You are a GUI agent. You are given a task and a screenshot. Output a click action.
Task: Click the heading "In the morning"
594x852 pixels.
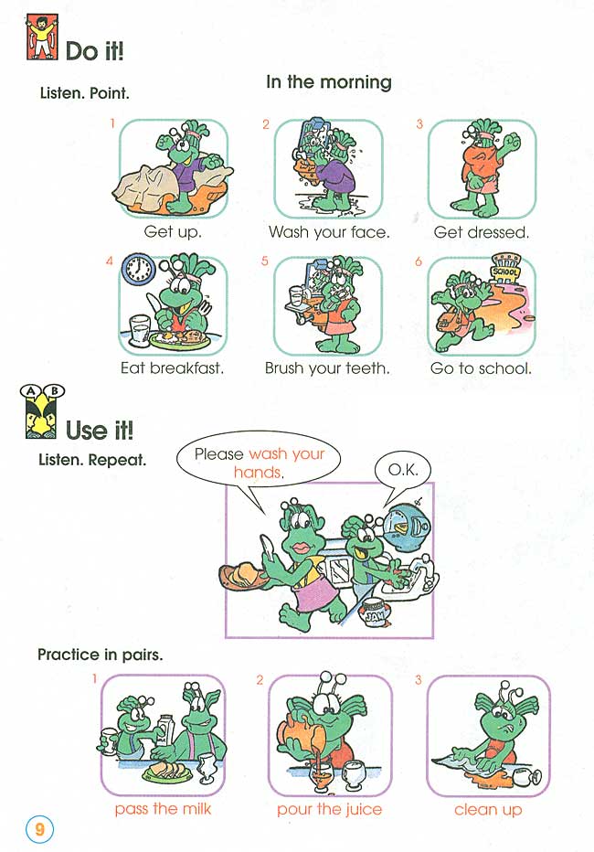328,82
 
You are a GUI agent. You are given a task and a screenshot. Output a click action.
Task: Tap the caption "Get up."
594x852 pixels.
173,232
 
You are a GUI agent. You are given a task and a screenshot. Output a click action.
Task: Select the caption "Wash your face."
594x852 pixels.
329,232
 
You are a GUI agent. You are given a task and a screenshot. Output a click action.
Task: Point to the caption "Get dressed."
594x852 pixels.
482,232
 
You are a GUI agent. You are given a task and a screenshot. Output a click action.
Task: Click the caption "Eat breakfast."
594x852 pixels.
173,368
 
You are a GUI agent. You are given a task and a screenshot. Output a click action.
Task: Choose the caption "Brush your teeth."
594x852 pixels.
327,368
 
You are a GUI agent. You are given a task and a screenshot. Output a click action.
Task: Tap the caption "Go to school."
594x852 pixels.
481,368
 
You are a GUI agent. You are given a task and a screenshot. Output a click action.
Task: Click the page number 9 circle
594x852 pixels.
39,829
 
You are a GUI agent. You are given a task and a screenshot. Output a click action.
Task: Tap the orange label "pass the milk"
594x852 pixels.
163,809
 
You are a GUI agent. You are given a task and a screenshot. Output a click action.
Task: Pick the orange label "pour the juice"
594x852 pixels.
330,809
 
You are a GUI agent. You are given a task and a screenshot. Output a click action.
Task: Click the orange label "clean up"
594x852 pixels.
488,809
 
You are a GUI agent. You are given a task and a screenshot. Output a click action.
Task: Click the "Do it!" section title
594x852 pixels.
94,51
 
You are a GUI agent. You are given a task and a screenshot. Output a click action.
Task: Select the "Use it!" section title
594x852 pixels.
100,428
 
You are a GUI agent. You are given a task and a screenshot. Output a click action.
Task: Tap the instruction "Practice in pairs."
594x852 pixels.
100,655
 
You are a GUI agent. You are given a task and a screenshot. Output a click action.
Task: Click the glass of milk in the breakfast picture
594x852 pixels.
140,331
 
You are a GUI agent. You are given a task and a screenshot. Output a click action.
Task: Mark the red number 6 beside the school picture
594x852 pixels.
419,262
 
